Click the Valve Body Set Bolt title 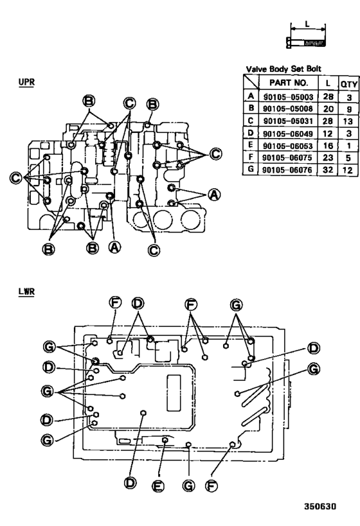(x=284, y=69)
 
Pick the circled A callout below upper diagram (x=115, y=247)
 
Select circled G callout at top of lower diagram (x=237, y=303)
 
